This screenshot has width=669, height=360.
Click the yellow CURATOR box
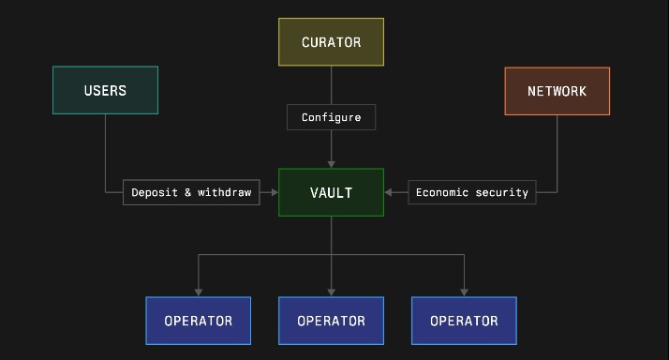pyautogui.click(x=331, y=42)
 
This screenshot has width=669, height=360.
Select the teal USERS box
pyautogui.click(x=105, y=90)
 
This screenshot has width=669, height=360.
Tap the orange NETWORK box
pyautogui.click(x=557, y=91)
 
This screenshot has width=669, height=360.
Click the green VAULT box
pyautogui.click(x=331, y=192)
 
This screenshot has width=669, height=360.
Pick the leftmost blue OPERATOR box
pyautogui.click(x=198, y=321)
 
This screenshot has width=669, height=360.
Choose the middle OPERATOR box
pyautogui.click(x=331, y=321)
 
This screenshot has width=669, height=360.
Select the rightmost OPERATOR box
pyautogui.click(x=464, y=321)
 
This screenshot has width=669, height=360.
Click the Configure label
pyautogui.click(x=331, y=117)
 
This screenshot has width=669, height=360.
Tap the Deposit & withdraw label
pyautogui.click(x=191, y=192)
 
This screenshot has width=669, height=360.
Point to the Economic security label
pyautogui.click(x=472, y=192)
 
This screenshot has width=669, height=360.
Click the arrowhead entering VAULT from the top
pyautogui.click(x=331, y=164)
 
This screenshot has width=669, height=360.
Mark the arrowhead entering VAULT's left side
pyautogui.click(x=275, y=192)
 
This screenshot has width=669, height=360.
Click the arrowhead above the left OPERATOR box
pyautogui.click(x=198, y=292)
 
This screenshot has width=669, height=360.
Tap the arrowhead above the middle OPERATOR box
pyautogui.click(x=331, y=292)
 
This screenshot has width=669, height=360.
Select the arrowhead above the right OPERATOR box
pyautogui.click(x=464, y=292)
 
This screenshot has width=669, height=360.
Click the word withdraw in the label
pyautogui.click(x=225, y=192)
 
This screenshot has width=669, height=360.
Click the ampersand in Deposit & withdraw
pyautogui.click(x=187, y=192)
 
